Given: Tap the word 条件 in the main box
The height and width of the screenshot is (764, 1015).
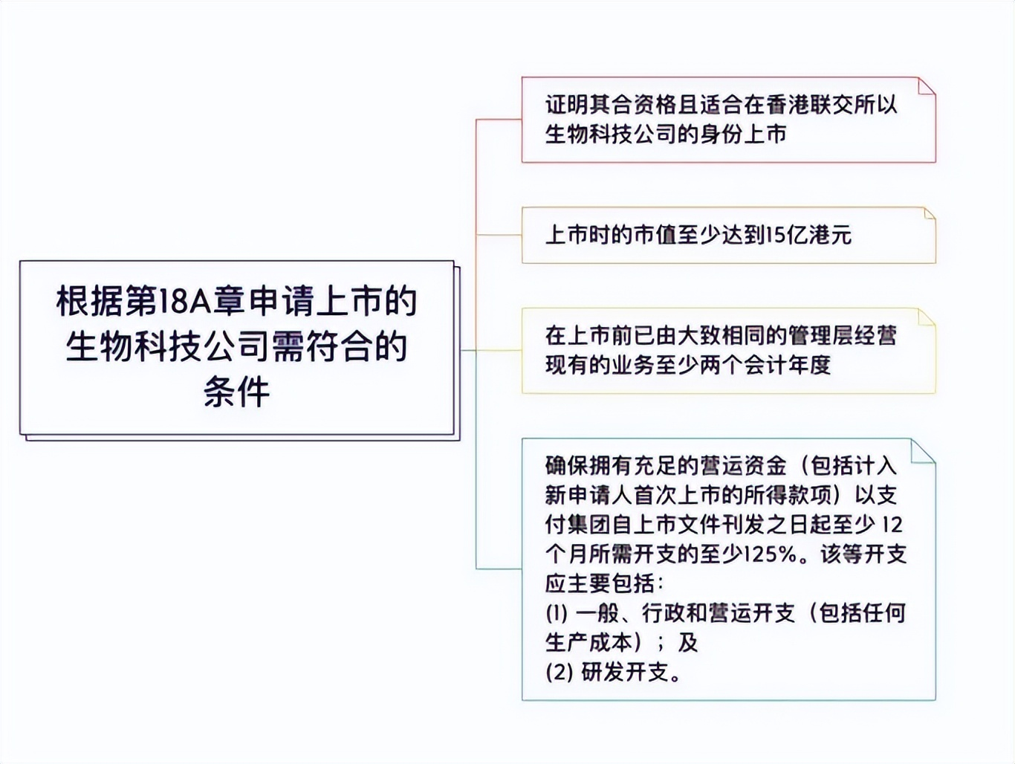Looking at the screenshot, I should (x=236, y=392).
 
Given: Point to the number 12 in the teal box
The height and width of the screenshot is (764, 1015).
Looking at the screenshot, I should (x=891, y=525).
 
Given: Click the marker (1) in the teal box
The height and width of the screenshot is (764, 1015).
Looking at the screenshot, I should (x=557, y=613).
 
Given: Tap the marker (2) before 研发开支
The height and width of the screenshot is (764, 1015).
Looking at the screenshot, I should (x=558, y=673).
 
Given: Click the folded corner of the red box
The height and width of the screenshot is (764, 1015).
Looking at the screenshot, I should (x=926, y=86).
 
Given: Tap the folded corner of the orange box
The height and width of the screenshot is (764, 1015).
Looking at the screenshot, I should (x=929, y=214).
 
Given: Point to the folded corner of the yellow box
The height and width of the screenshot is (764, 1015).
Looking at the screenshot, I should (x=927, y=317).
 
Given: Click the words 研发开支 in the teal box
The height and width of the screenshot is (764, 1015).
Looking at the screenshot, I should (x=626, y=673).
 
